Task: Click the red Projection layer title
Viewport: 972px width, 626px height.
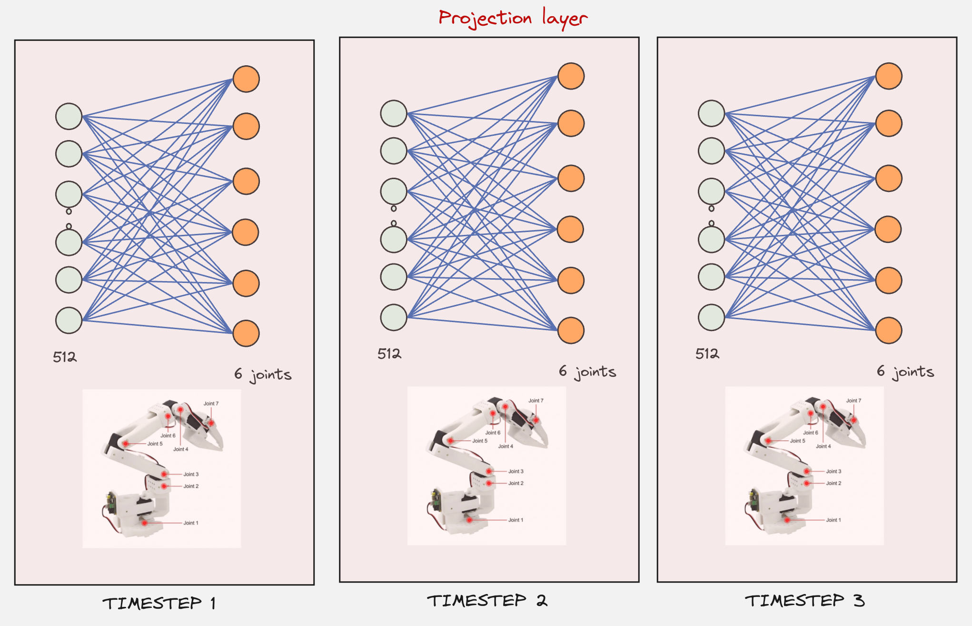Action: (513, 18)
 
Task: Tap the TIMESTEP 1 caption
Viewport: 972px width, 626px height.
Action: (159, 603)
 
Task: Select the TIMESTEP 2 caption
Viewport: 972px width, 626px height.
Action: (487, 600)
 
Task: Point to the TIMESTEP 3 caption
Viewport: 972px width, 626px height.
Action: (804, 600)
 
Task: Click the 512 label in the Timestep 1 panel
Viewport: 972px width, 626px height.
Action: (65, 357)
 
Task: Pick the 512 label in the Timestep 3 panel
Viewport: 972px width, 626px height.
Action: (707, 353)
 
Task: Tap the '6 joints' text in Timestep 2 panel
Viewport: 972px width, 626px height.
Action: (587, 372)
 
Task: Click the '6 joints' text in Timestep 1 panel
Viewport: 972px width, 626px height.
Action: (263, 374)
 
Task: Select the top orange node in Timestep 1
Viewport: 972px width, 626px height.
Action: (246, 79)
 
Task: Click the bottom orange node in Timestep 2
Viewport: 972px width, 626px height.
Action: (571, 330)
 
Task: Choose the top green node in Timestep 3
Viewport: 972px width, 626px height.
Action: (711, 113)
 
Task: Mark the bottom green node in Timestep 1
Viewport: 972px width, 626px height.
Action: (69, 320)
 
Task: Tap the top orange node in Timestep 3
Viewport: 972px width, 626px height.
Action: (889, 76)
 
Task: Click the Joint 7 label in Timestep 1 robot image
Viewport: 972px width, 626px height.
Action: (211, 404)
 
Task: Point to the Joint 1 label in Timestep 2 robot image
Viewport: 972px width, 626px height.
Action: (516, 520)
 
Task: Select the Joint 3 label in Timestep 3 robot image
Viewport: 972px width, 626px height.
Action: (833, 471)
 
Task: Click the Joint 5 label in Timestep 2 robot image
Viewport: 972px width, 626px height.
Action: (480, 441)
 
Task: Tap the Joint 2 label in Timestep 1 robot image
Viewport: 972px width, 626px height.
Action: (191, 486)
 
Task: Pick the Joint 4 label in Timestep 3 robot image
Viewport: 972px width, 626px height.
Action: (823, 446)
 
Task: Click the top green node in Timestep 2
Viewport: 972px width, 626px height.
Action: (394, 113)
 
